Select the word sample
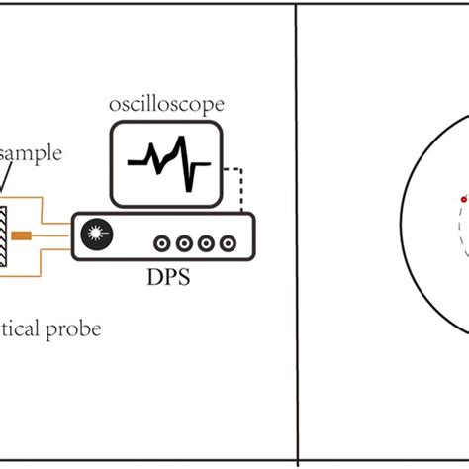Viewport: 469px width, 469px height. tap(35, 154)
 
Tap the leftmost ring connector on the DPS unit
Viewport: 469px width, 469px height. tap(160, 241)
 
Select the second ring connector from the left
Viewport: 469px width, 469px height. tap(182, 241)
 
